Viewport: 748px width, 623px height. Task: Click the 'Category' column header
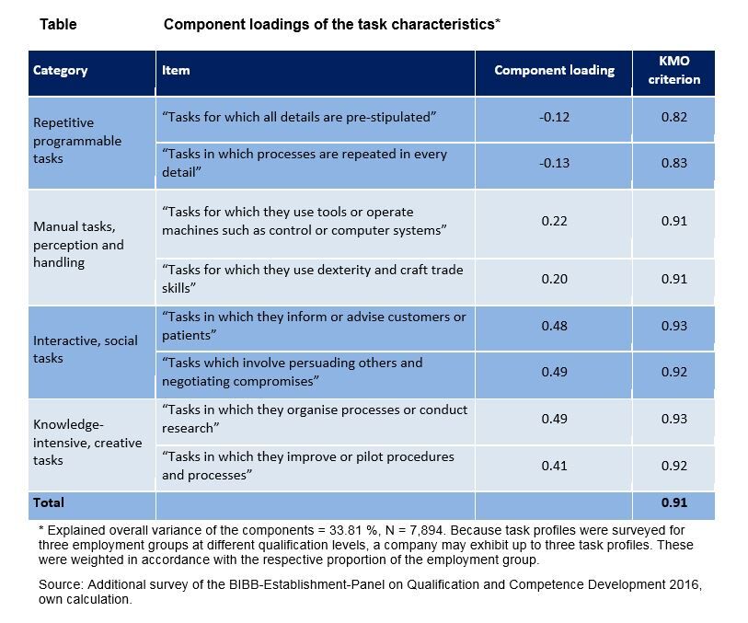point(61,71)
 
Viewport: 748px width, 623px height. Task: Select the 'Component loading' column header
point(554,71)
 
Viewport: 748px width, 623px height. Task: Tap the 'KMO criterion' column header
point(673,71)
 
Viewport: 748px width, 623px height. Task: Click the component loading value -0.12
point(554,118)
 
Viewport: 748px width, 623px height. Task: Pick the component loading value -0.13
point(554,163)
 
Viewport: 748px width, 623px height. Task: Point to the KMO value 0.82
point(673,118)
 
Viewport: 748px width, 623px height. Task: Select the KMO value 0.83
point(673,163)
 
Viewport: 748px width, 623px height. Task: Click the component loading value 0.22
point(554,221)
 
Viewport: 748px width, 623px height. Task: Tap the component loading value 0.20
point(554,279)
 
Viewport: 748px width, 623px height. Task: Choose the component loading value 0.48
point(554,327)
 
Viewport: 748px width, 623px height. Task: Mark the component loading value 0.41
point(554,466)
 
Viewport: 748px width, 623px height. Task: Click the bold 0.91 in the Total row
point(673,503)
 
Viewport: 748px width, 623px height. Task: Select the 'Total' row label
point(49,503)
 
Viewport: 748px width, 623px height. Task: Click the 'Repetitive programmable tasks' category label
point(77,141)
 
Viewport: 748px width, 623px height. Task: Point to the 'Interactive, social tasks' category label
point(85,350)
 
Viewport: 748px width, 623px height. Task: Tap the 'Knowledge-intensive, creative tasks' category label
point(87,443)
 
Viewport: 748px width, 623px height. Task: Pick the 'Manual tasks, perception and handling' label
point(78,245)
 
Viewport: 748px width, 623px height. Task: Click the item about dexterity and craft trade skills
point(312,279)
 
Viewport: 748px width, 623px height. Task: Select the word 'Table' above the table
point(58,25)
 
